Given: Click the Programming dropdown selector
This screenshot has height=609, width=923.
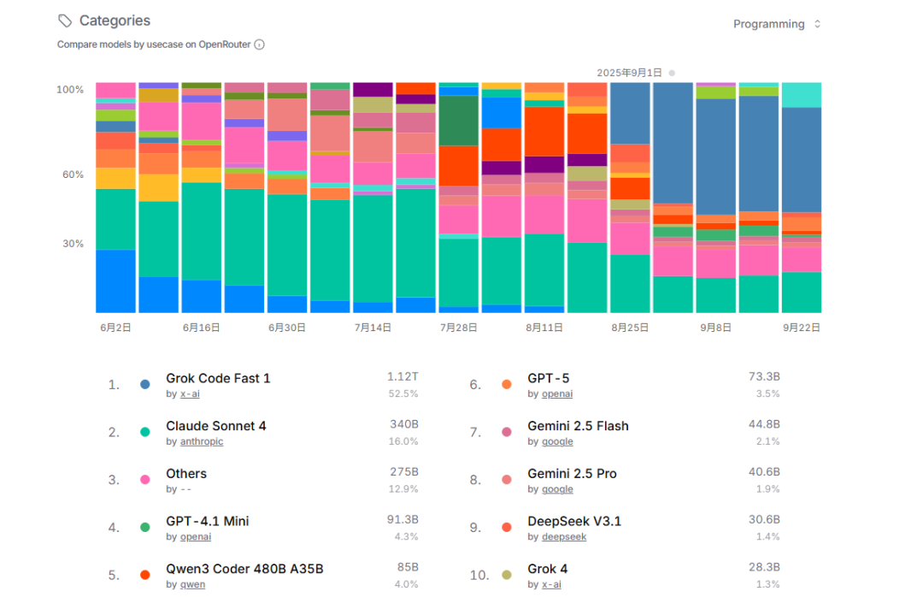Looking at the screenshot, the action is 776,24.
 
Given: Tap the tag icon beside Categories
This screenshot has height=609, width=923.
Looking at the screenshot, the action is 65,21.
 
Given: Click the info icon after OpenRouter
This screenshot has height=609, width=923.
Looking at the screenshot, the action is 259,44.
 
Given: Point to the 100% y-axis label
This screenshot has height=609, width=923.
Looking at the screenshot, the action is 70,90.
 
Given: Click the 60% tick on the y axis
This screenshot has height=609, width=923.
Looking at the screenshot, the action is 73,174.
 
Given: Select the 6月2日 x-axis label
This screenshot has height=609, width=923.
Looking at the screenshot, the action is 115,328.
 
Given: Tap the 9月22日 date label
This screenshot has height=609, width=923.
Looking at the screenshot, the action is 801,328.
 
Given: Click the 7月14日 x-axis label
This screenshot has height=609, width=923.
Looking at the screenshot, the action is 373,328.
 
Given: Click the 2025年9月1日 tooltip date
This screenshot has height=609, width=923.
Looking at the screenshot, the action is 629,73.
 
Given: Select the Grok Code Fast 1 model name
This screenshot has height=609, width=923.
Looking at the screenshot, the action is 218,378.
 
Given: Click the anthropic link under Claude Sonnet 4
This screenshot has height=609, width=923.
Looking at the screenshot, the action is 202,441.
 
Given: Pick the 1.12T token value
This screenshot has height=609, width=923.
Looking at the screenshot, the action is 403,376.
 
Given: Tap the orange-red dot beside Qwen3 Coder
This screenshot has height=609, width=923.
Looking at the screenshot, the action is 144,575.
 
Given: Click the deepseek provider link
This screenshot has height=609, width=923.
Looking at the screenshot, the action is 564,536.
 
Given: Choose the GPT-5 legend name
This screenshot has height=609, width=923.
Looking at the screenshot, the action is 548,378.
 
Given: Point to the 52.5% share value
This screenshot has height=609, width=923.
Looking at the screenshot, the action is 403,393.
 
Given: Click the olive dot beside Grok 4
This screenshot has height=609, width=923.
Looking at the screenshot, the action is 506,575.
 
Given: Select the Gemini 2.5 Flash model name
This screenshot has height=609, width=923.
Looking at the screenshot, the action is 578,426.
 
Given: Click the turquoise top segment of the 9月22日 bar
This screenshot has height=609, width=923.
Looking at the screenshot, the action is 801,95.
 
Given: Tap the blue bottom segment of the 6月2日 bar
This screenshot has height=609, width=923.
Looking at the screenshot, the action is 115,281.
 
